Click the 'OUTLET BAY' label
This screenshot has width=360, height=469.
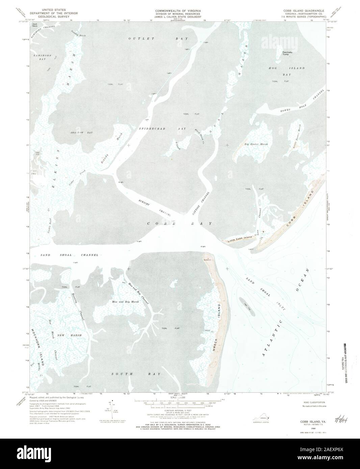click(158, 39)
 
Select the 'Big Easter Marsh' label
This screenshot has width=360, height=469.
click(256, 144)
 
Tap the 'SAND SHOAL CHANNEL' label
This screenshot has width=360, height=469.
click(69, 255)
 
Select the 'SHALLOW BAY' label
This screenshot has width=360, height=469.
click(81, 133)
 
